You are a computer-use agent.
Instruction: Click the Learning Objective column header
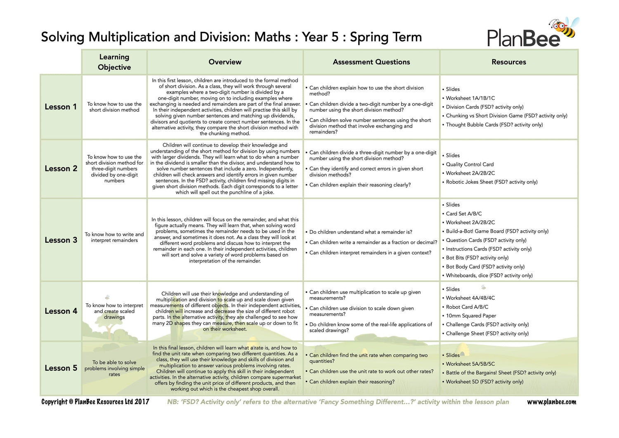pyautogui.click(x=114, y=62)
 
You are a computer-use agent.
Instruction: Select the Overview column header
pyautogui.click(x=225, y=62)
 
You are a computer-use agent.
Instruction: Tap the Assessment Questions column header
pyautogui.click(x=371, y=62)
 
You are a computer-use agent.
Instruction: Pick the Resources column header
pyautogui.click(x=509, y=62)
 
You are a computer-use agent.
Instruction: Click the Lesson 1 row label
pyautogui.click(x=61, y=107)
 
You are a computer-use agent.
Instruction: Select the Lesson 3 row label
pyautogui.click(x=61, y=240)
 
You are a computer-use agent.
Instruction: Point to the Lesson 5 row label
pyautogui.click(x=61, y=368)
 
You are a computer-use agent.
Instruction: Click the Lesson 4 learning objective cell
pyautogui.click(x=114, y=311)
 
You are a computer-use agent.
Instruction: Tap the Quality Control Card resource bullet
pyautogui.click(x=470, y=164)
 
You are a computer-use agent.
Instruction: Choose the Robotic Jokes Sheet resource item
pyautogui.click(x=491, y=182)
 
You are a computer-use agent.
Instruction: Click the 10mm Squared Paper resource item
pyautogui.click(x=471, y=316)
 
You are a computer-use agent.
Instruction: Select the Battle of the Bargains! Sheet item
pyautogui.click(x=501, y=373)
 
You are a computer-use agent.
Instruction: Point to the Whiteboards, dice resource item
pyautogui.click(x=489, y=276)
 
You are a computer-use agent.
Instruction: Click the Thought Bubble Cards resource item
pyautogui.click(x=494, y=125)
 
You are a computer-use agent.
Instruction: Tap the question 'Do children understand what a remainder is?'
pyautogui.click(x=361, y=232)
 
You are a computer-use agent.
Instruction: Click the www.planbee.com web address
pyautogui.click(x=551, y=402)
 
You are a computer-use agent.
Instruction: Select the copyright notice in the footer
pyautogui.click(x=95, y=402)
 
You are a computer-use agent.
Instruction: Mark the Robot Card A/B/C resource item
pyautogui.click(x=467, y=307)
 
